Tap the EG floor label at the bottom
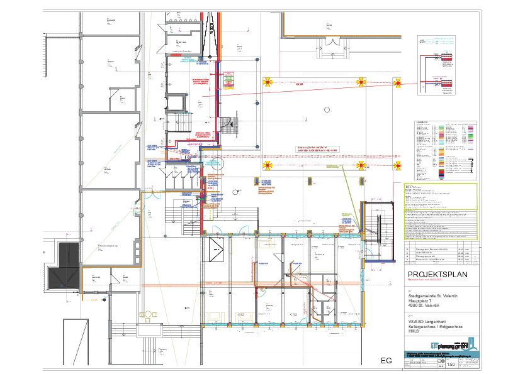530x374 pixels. tap(386, 361)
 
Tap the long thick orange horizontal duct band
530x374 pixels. tap(252, 285)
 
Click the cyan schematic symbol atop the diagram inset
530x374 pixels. tap(434, 41)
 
